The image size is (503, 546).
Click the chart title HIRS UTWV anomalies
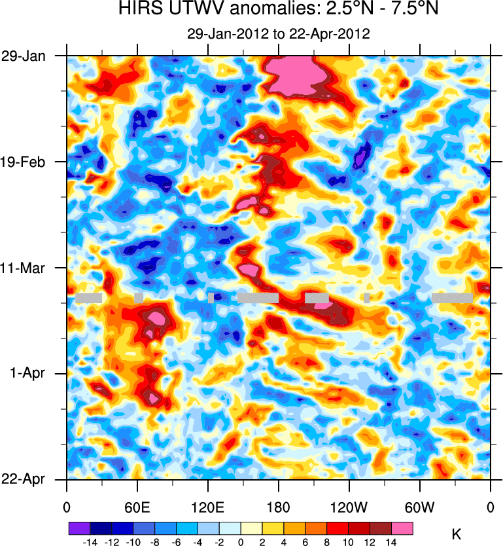tap(279, 10)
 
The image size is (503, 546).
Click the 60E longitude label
tap(137, 507)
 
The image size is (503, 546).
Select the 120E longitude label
tap(207, 507)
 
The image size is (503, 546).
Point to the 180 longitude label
tap(279, 507)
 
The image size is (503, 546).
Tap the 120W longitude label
tap(349, 507)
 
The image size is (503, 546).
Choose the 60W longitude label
tap(420, 507)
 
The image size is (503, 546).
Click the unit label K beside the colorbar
tap(457, 534)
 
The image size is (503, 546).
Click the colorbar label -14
tap(90, 542)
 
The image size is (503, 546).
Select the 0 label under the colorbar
tap(241, 542)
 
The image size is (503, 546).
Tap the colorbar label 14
tap(391, 542)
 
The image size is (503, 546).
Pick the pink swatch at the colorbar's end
tap(402, 528)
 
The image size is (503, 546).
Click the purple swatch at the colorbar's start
tap(79, 528)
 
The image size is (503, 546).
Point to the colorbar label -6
tap(176, 542)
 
